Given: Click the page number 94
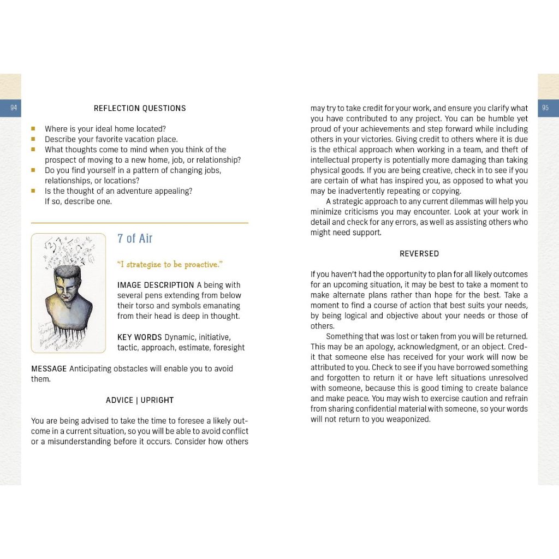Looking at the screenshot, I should click(x=13, y=108).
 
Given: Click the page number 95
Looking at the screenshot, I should click(x=545, y=108).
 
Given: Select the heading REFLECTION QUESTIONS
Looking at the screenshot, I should click(x=140, y=108).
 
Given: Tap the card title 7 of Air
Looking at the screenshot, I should click(x=135, y=239).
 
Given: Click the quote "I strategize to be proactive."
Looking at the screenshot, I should click(x=170, y=265).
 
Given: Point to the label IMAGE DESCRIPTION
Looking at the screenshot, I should click(x=156, y=285).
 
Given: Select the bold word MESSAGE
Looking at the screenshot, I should click(x=49, y=369).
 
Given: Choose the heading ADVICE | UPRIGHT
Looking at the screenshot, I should click(x=140, y=400).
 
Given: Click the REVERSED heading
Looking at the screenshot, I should click(x=419, y=254).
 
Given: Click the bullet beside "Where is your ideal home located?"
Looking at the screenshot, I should click(x=33, y=129).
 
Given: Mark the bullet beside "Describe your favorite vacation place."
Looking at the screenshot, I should click(x=33, y=139).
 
